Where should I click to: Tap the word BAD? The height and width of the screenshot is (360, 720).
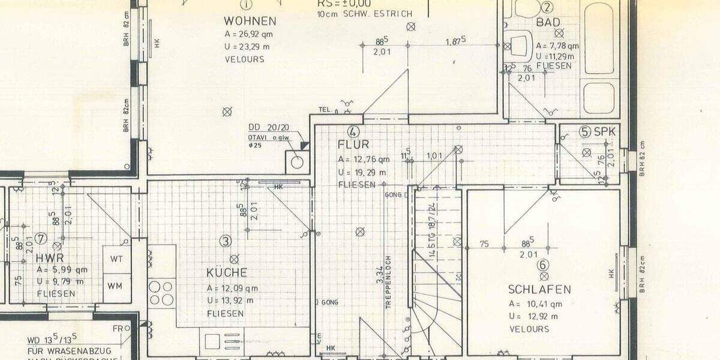[x=548, y=23]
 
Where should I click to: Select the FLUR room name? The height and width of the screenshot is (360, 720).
[x=353, y=145]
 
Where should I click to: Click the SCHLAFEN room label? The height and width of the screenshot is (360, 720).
[x=539, y=289]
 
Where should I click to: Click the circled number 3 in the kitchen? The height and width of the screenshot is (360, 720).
[x=225, y=241]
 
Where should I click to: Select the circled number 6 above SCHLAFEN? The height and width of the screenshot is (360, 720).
[x=544, y=265]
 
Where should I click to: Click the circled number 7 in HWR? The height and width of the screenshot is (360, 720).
[x=41, y=239]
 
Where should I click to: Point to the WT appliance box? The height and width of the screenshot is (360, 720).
[x=116, y=259]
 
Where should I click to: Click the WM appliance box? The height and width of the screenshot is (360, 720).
[x=116, y=286]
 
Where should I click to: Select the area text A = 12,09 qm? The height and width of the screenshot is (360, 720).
[x=232, y=288]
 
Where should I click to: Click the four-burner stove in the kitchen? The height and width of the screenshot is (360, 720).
[x=161, y=293]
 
